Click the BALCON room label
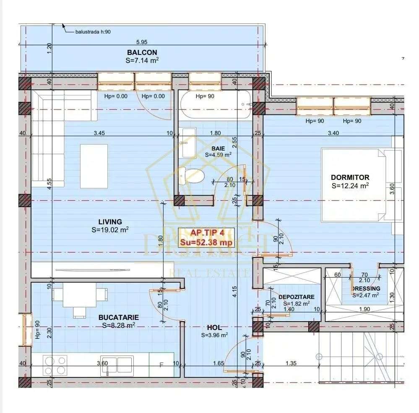(x=142, y=52)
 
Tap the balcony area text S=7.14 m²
(x=142, y=60)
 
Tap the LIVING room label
(x=110, y=222)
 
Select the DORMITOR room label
(x=350, y=177)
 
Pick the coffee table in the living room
(x=94, y=166)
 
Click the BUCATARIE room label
(x=119, y=317)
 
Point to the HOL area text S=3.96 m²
(x=214, y=335)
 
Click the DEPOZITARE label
(x=296, y=297)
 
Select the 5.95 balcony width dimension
(x=142, y=42)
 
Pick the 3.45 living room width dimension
(x=99, y=133)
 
